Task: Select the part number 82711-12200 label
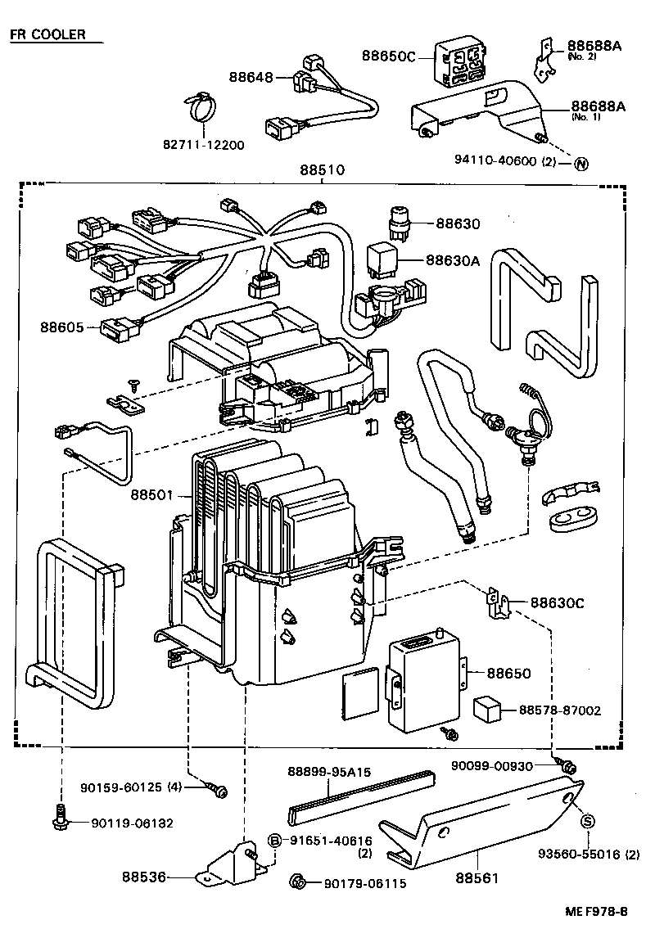click(x=204, y=145)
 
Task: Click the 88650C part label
click(x=389, y=56)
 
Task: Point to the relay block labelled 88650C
click(x=463, y=62)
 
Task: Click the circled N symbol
click(x=580, y=163)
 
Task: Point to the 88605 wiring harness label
click(x=61, y=327)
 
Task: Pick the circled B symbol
click(x=275, y=841)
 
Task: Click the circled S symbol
click(x=587, y=822)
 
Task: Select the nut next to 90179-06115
click(x=300, y=882)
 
